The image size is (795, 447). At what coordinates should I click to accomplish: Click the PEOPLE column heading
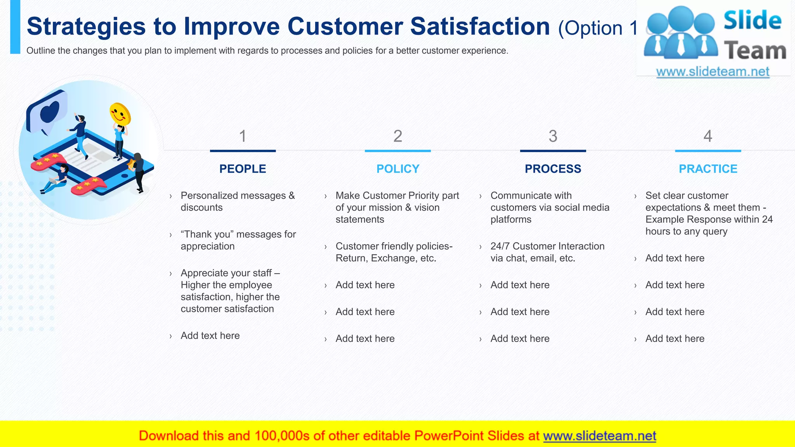tap(243, 169)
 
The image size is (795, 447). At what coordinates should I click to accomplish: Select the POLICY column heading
tap(398, 169)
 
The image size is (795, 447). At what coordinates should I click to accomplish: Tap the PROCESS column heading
tap(553, 169)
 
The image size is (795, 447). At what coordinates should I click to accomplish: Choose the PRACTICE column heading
tap(708, 169)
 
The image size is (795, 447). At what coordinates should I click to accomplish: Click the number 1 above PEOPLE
tap(243, 136)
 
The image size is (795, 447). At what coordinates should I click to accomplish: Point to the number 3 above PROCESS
tap(553, 136)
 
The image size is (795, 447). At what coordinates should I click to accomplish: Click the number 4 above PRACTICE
tap(708, 136)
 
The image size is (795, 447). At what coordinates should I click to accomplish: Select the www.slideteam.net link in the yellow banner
tap(599, 436)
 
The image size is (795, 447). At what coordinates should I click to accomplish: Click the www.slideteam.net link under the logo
tap(713, 71)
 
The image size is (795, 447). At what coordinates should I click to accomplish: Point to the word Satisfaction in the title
tap(480, 26)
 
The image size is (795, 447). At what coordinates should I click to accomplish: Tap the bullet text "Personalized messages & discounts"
tap(238, 201)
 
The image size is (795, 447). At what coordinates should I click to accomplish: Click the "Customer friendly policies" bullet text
tap(394, 252)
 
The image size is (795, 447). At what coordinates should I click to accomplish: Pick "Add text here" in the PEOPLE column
tap(210, 335)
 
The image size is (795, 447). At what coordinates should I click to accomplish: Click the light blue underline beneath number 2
tap(398, 151)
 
